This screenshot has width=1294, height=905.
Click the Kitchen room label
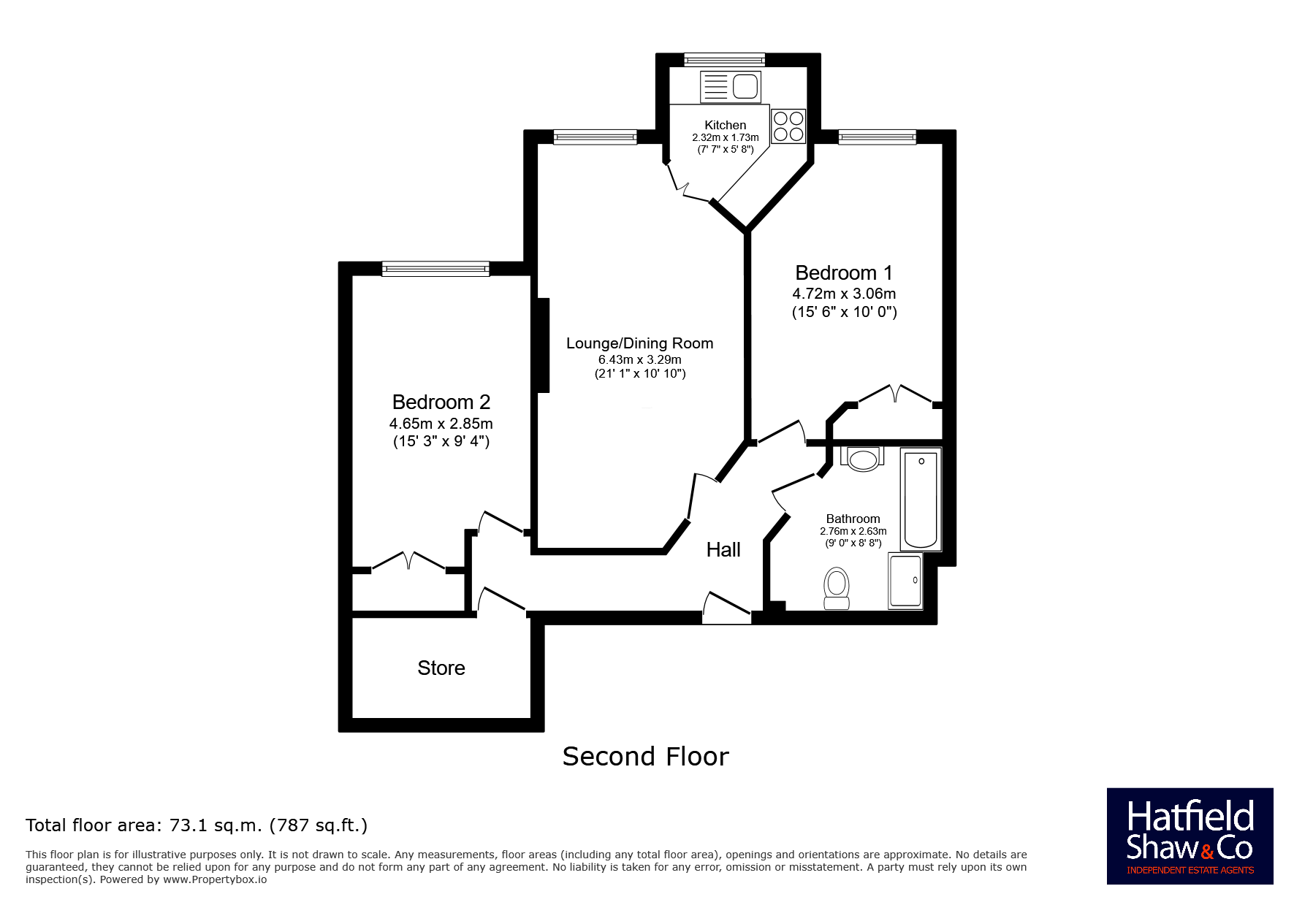click(x=725, y=125)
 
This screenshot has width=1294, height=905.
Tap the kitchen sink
click(x=731, y=87)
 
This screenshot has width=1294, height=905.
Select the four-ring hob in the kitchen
click(x=788, y=126)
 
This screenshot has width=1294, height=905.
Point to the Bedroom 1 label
click(x=844, y=273)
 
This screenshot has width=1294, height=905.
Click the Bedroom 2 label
click(x=441, y=402)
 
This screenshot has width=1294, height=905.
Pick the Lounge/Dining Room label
click(x=640, y=343)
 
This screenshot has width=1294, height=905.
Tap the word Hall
click(x=723, y=549)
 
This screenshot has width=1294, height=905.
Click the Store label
click(x=441, y=668)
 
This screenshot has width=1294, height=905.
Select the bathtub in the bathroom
click(x=921, y=500)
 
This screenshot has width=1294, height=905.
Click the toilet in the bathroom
click(x=837, y=589)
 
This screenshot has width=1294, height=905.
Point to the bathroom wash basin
click(x=862, y=459)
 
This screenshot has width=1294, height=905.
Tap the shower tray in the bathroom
click(x=905, y=581)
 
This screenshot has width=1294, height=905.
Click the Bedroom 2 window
click(x=435, y=269)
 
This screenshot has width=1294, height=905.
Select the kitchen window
click(x=724, y=60)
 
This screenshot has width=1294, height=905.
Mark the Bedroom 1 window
click(x=877, y=137)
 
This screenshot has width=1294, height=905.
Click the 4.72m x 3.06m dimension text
click(x=844, y=294)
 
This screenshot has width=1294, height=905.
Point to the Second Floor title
click(x=646, y=757)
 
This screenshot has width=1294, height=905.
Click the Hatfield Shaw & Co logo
click(x=1190, y=836)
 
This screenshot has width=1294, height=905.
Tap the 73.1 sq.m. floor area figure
click(x=216, y=825)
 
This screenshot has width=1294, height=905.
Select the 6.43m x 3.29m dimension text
click(x=640, y=359)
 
